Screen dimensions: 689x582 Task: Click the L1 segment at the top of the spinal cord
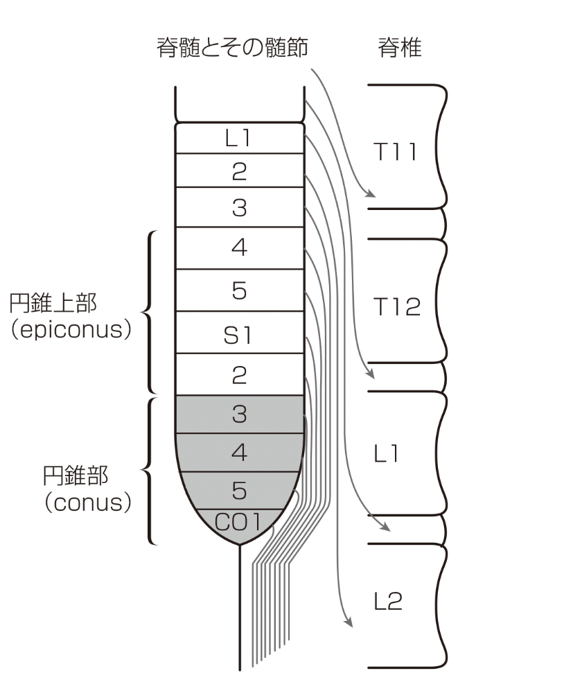coord(239,138)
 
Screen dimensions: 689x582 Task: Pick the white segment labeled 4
coord(239,248)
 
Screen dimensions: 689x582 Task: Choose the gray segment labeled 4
coord(239,452)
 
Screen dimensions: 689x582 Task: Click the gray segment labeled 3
coord(239,414)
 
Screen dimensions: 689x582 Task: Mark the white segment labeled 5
coord(239,291)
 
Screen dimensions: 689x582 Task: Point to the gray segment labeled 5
coord(239,490)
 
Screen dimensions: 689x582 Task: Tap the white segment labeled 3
coord(239,208)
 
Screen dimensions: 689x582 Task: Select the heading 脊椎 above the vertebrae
coord(399,49)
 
